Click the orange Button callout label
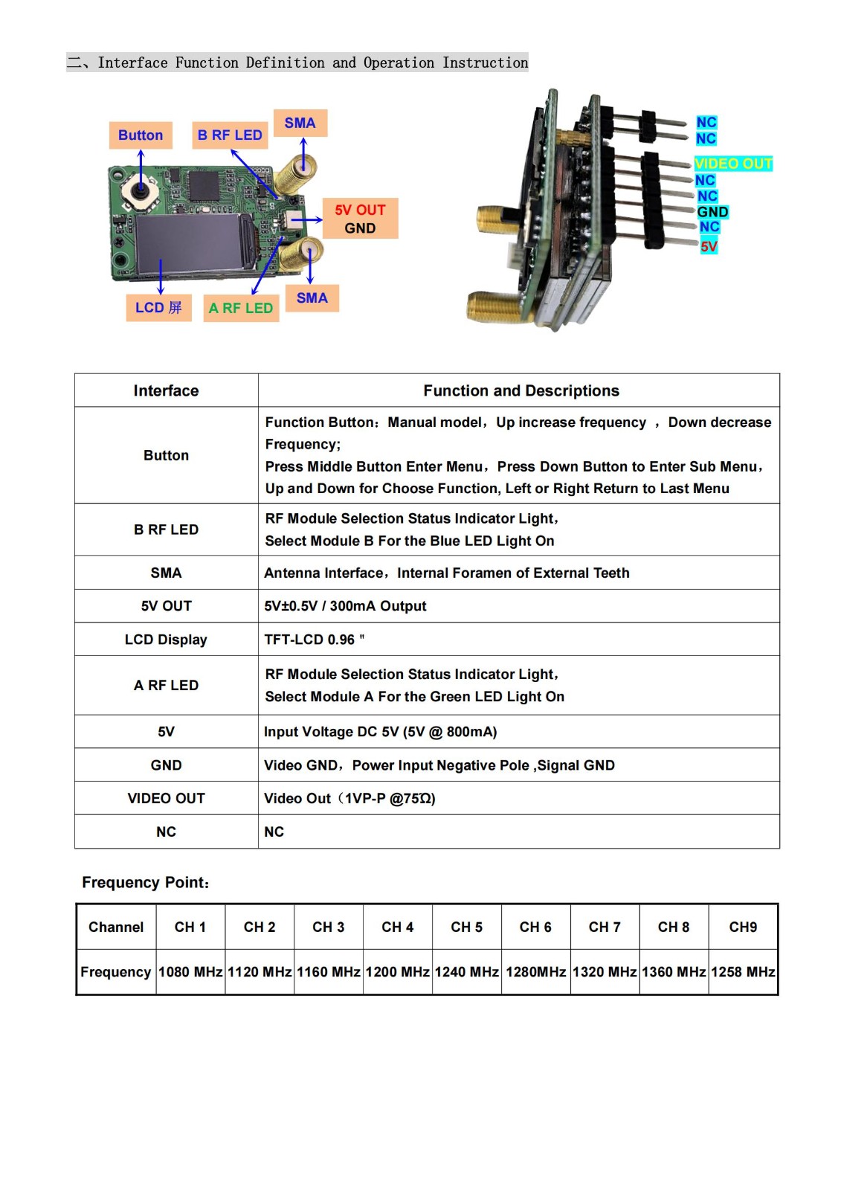click(x=141, y=135)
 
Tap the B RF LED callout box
click(x=230, y=135)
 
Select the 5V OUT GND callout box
click(x=360, y=219)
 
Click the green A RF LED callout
click(x=241, y=308)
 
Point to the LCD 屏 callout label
click(x=158, y=307)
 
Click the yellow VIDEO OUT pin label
click(x=733, y=164)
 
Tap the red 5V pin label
click(x=709, y=246)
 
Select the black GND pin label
click(x=712, y=212)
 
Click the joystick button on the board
click(x=140, y=191)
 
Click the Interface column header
click(x=166, y=390)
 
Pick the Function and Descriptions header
click(x=521, y=390)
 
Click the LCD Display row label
click(x=166, y=640)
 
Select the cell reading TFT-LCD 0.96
click(x=315, y=640)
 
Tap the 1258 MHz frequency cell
click(x=743, y=972)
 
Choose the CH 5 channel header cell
click(x=466, y=927)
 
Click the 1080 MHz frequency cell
click(x=190, y=972)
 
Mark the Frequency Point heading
click(x=146, y=882)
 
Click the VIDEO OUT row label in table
click(x=166, y=798)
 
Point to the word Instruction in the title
click(x=485, y=62)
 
